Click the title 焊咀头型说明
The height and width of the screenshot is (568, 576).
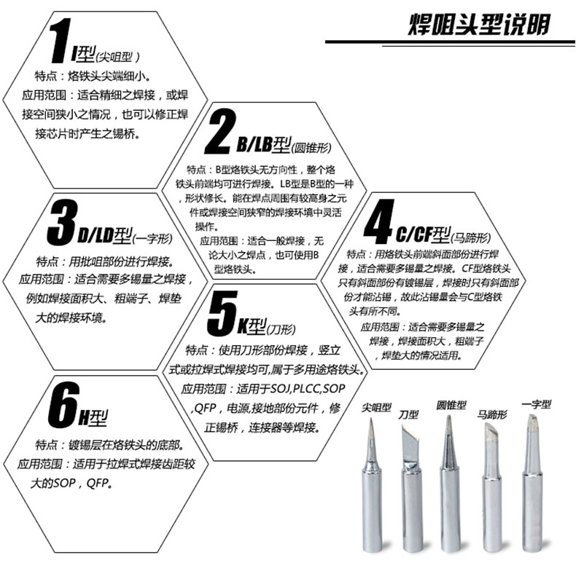(x=478, y=24)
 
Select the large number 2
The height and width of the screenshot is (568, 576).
(x=219, y=131)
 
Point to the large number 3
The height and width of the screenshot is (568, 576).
(x=63, y=222)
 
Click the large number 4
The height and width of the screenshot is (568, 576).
(x=378, y=221)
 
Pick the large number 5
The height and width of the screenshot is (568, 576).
(x=222, y=313)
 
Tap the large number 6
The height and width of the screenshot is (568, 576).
(x=63, y=405)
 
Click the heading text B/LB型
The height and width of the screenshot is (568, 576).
(x=264, y=145)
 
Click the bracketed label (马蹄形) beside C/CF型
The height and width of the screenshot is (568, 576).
(x=470, y=238)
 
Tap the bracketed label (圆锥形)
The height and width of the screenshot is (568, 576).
(x=311, y=148)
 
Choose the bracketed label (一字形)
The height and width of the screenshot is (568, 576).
(x=152, y=239)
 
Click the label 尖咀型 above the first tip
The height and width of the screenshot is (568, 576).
(x=376, y=407)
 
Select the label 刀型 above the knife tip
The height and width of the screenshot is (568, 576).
(x=408, y=414)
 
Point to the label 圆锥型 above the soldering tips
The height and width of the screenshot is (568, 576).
(x=451, y=405)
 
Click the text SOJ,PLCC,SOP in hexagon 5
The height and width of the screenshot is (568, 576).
(x=308, y=388)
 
